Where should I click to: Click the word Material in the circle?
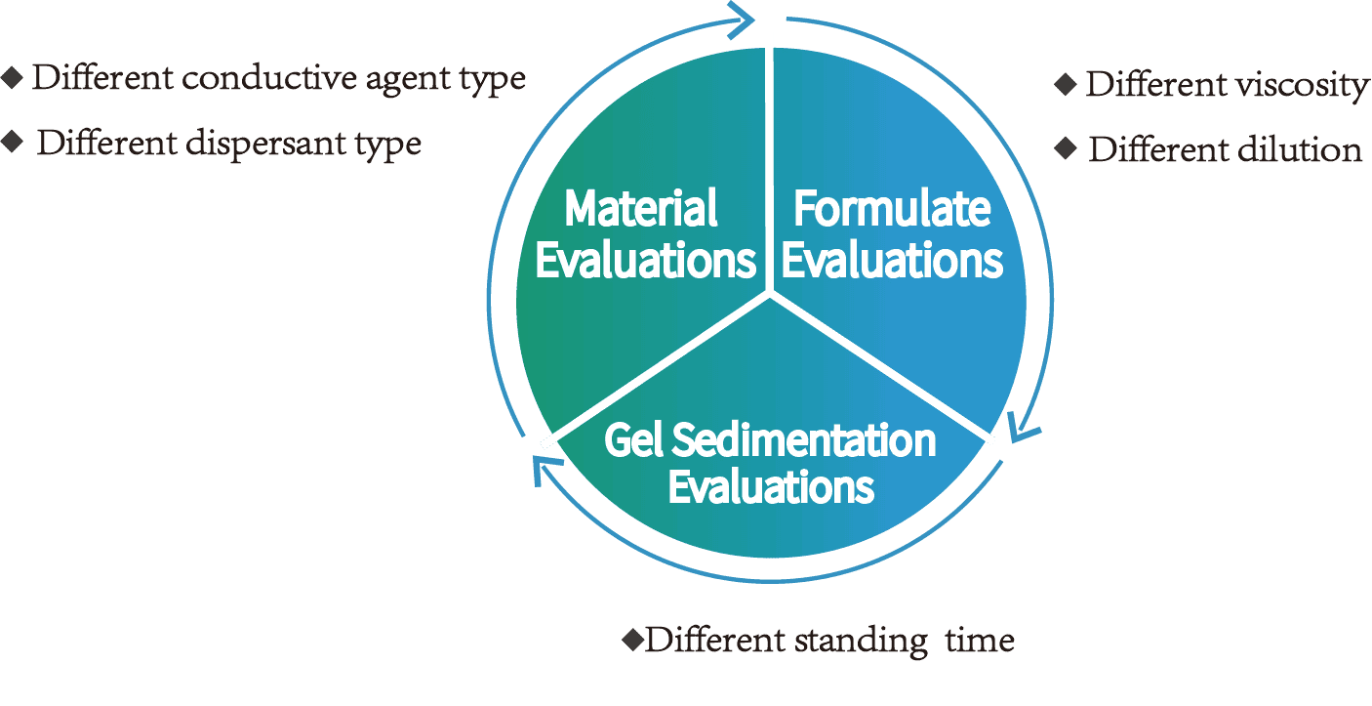[641, 208]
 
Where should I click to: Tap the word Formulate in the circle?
[892, 208]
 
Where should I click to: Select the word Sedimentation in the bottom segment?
[804, 440]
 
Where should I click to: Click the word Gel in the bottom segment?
[634, 440]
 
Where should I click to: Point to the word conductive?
[269, 78]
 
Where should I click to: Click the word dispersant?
[265, 144]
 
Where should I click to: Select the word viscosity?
[1303, 86]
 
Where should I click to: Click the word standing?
[861, 641]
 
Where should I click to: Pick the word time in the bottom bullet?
[980, 640]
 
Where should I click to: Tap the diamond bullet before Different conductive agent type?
[13, 78]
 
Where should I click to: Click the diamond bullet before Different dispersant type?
[13, 143]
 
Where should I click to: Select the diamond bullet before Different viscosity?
[1066, 84]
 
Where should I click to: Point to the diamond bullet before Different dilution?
[1066, 148]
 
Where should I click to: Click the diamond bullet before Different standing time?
[633, 640]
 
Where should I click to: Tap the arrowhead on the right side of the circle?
[1022, 426]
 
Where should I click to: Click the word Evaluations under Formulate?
[892, 261]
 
